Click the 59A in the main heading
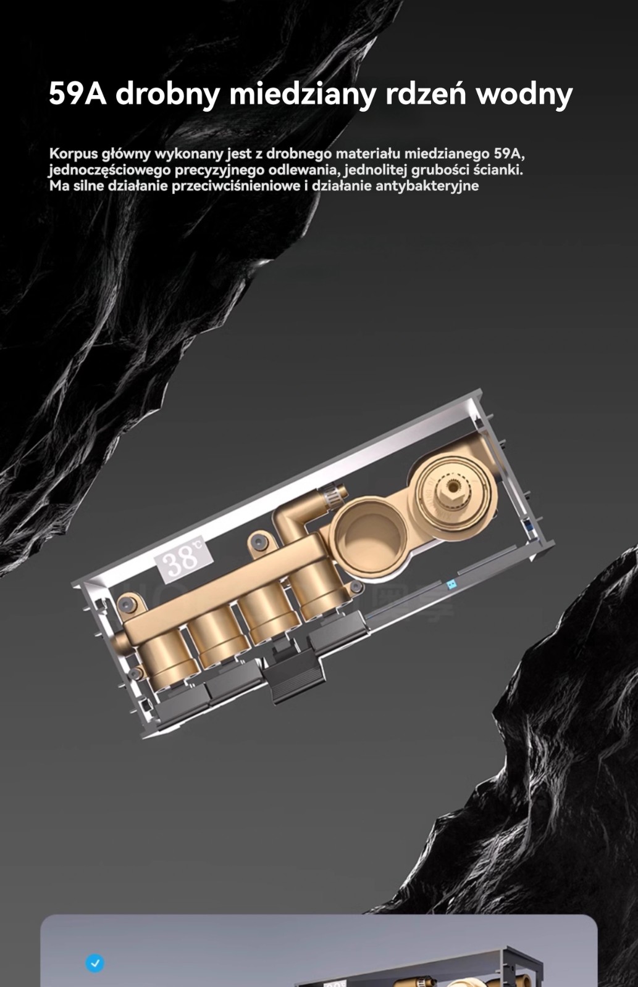click(x=78, y=93)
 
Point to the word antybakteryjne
click(x=427, y=186)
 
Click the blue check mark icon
click(x=95, y=963)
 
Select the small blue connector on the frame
click(x=451, y=585)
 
